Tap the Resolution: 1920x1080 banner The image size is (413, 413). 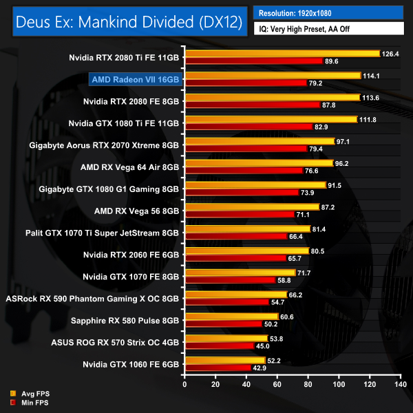pos(329,13)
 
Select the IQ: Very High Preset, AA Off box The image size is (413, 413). pos(329,30)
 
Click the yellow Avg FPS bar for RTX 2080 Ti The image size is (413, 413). pos(282,54)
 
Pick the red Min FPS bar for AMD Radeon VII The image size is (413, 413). pos(245,83)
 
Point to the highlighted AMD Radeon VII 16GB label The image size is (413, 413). pos(136,79)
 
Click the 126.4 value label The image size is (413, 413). pos(392,54)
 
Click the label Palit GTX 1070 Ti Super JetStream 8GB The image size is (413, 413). pos(102,233)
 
